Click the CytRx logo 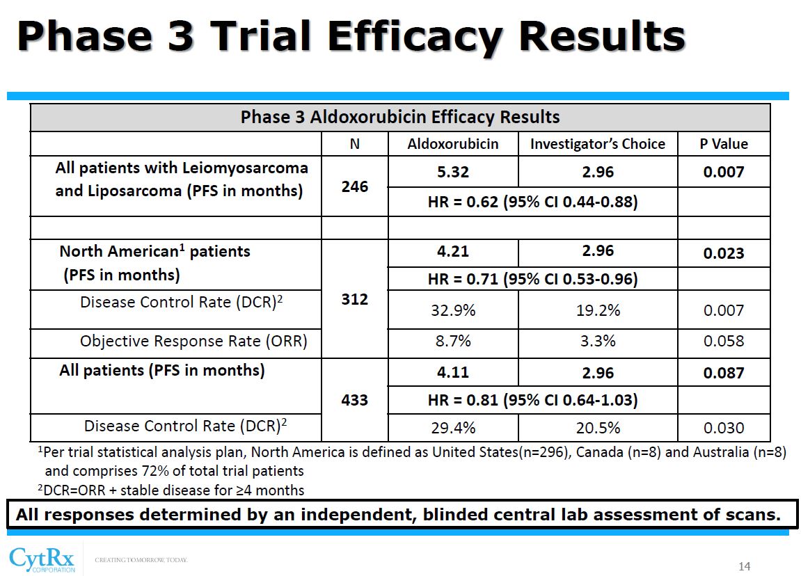42,559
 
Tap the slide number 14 745,566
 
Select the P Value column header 724,144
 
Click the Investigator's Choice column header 598,144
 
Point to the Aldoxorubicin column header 453,144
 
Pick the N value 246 354,186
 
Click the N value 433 354,401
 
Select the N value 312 354,300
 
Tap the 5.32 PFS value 453,172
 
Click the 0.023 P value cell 724,253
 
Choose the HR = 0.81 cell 532,400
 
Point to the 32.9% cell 453,310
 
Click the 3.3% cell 598,341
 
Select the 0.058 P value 724,341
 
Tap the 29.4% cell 453,427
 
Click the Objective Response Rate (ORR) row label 193,341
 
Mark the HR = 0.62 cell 532,202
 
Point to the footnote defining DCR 171,490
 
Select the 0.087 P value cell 724,373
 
